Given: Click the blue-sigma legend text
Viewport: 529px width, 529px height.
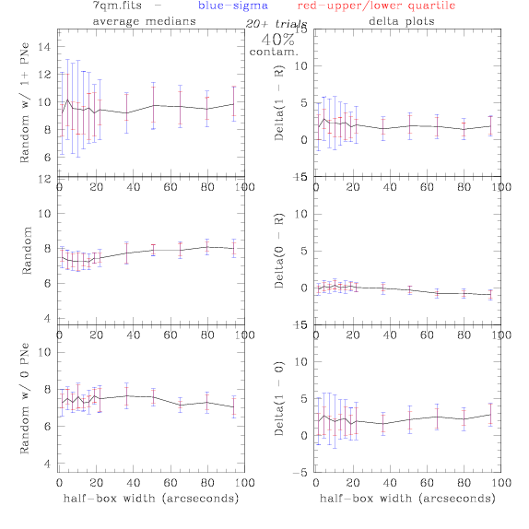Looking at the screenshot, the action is (x=233, y=6).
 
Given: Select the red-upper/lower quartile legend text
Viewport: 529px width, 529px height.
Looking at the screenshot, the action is (x=377, y=6).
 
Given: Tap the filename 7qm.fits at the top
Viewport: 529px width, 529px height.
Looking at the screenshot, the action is (x=117, y=6).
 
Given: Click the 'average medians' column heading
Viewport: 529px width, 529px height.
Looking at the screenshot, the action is (x=145, y=21).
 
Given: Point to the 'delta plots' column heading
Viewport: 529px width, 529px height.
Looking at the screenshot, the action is (x=402, y=21).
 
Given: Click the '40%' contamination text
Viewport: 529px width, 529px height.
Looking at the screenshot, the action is (x=277, y=40).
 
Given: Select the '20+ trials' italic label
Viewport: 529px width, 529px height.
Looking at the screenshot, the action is (x=276, y=24).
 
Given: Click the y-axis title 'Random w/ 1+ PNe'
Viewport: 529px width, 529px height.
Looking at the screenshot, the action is (x=25, y=102).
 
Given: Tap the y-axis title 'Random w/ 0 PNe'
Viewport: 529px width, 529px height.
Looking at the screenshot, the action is (x=25, y=398).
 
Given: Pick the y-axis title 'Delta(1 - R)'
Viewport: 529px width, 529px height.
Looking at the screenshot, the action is (x=279, y=102).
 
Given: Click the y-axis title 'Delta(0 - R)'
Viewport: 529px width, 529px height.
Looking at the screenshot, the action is (x=279, y=251).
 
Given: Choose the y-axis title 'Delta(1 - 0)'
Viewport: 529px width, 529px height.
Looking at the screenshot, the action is (x=279, y=398).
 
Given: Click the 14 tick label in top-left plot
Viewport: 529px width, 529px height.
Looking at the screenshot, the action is (x=44, y=47).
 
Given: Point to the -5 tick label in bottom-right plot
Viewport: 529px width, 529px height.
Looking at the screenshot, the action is (x=300, y=473).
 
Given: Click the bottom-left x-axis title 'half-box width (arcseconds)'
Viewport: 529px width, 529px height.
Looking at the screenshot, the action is (x=151, y=499).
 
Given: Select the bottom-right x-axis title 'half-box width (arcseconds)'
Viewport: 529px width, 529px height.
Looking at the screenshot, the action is (x=407, y=499).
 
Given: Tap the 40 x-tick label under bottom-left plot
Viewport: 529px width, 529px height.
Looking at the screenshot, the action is (x=134, y=483).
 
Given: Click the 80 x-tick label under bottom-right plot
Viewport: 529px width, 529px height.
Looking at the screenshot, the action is (x=464, y=483).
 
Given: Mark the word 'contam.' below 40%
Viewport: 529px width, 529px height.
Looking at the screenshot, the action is (x=274, y=53).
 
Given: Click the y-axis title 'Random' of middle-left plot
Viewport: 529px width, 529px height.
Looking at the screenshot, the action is (x=27, y=251).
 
